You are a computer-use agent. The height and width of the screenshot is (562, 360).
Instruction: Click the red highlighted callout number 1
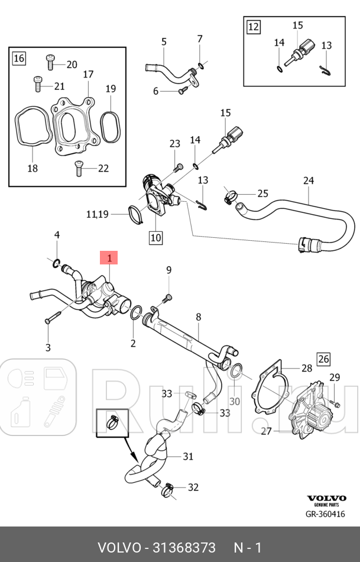[x=109, y=257]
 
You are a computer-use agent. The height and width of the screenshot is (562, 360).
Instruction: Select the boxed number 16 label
[x=19, y=57]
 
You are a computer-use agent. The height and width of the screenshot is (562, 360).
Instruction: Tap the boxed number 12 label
[x=253, y=27]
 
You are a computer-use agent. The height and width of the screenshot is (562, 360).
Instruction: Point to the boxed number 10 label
[x=155, y=238]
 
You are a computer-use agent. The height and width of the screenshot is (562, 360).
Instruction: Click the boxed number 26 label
[x=323, y=358]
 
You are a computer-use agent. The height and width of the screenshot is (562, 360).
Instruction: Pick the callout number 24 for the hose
[x=309, y=180]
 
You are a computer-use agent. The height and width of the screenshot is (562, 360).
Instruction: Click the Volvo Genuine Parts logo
[x=325, y=500]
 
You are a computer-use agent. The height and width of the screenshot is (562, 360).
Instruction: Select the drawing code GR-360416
[x=325, y=514]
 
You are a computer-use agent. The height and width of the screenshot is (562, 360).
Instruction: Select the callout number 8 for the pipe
[x=199, y=318]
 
